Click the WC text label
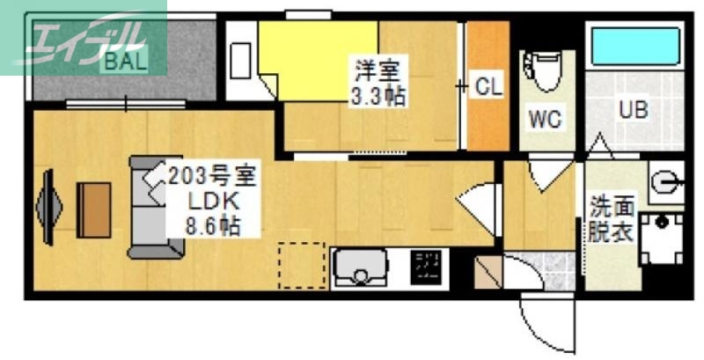(x=546, y=119)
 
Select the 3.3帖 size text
(x=378, y=96)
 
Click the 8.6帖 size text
(x=211, y=224)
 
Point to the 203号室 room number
(x=211, y=175)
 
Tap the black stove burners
(x=428, y=265)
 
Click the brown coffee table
(x=93, y=209)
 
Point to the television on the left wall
(x=49, y=209)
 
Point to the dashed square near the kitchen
(x=302, y=265)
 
